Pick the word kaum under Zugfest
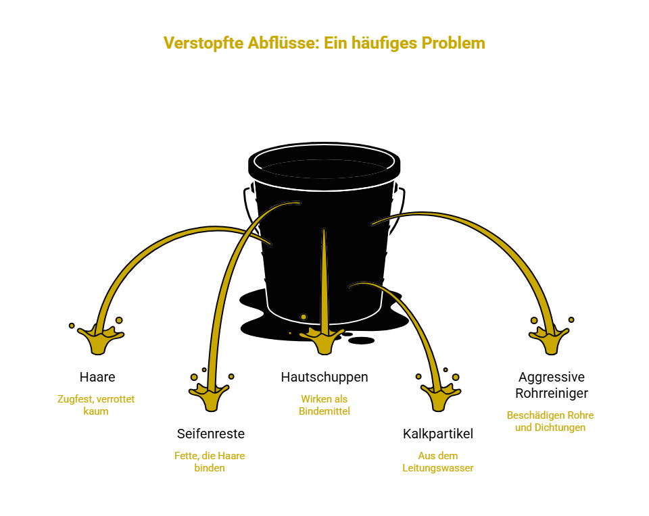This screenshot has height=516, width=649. (96, 411)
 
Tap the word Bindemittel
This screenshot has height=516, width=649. (324, 411)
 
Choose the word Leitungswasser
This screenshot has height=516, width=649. (438, 468)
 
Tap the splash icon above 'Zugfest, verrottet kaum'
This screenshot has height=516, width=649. (101, 338)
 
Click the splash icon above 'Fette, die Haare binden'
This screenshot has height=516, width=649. (209, 396)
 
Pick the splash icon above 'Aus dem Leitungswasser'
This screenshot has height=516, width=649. (440, 396)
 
